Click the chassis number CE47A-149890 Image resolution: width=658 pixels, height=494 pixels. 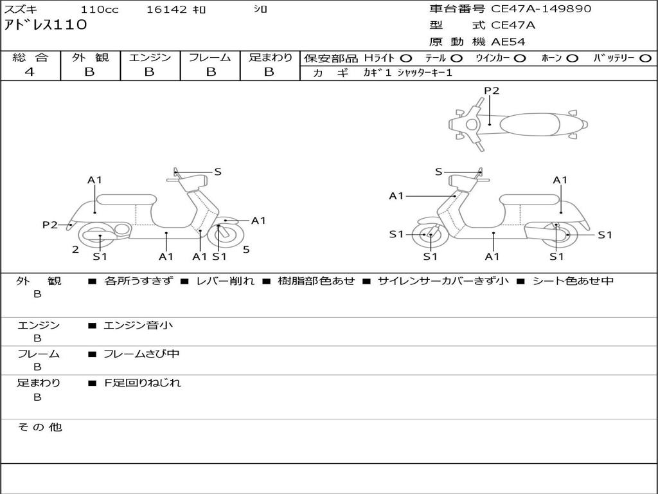[541, 9]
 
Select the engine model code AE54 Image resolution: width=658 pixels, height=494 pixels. [508, 42]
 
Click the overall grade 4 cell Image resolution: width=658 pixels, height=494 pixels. [30, 72]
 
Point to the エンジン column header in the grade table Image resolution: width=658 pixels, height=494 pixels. [150, 58]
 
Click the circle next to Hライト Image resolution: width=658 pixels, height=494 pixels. [406, 59]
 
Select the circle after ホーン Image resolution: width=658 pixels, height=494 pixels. [572, 59]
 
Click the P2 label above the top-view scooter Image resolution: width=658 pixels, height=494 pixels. [492, 91]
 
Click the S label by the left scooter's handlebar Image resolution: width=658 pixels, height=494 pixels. [218, 172]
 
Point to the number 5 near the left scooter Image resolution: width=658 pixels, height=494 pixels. [246, 250]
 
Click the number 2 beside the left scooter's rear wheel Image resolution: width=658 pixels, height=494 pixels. [75, 250]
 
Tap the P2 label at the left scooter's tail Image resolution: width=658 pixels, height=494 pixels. [50, 224]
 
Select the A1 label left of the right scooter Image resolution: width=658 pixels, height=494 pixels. [396, 196]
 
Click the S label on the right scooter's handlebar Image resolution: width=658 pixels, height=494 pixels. [439, 172]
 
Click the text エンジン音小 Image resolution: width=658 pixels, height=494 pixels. [138, 325]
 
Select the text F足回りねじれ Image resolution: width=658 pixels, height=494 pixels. [143, 383]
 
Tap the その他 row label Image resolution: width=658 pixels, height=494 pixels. [40, 427]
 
